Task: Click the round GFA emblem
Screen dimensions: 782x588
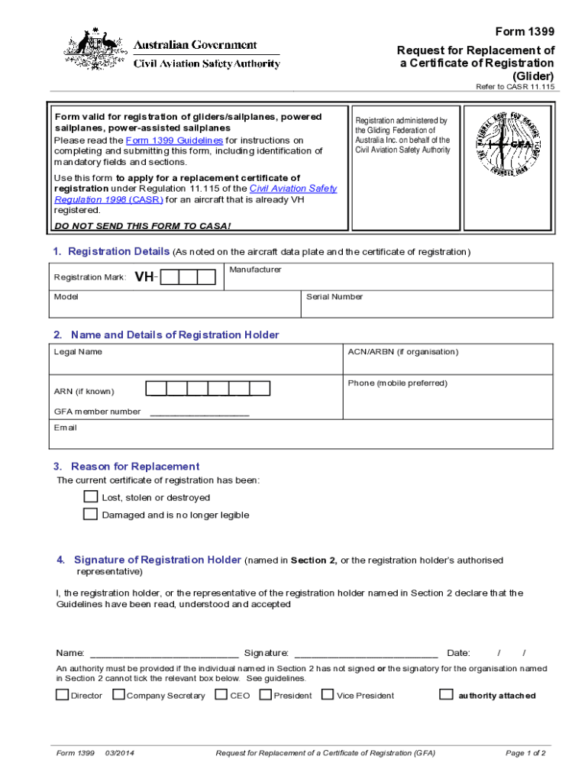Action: point(510,143)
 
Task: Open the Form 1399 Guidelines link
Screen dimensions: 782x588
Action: point(174,141)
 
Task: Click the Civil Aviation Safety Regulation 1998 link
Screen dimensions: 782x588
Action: point(195,194)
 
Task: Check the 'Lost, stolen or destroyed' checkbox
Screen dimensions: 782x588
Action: point(90,496)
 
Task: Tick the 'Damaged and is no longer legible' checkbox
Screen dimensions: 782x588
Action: point(90,514)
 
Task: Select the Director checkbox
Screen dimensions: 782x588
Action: point(62,695)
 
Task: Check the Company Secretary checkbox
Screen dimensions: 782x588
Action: point(118,695)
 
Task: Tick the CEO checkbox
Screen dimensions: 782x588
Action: point(221,695)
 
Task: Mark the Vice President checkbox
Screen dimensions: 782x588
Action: point(328,695)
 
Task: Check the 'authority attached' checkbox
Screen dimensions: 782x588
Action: point(446,695)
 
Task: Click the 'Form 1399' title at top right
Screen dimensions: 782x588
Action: point(525,31)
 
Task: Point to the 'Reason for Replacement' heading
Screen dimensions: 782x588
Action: point(135,466)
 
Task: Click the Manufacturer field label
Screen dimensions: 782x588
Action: point(255,270)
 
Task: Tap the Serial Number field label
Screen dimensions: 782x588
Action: point(334,296)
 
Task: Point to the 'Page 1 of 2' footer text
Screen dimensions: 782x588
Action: point(525,753)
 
